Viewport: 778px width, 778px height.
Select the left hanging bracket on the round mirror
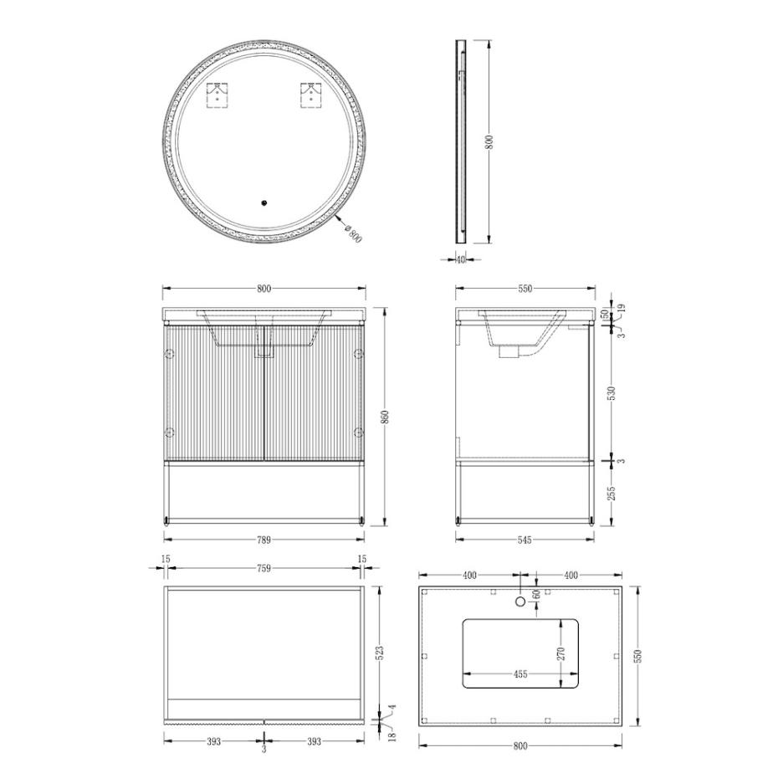218,95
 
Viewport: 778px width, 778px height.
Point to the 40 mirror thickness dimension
461,259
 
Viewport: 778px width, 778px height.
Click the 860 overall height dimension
385,417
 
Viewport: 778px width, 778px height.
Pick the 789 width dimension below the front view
264,540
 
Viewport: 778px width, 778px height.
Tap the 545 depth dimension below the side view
525,540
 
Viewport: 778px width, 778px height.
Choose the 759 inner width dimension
264,568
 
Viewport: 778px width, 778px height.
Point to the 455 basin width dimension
520,674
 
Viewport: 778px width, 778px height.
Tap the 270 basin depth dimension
561,653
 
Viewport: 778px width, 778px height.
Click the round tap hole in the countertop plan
520,600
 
